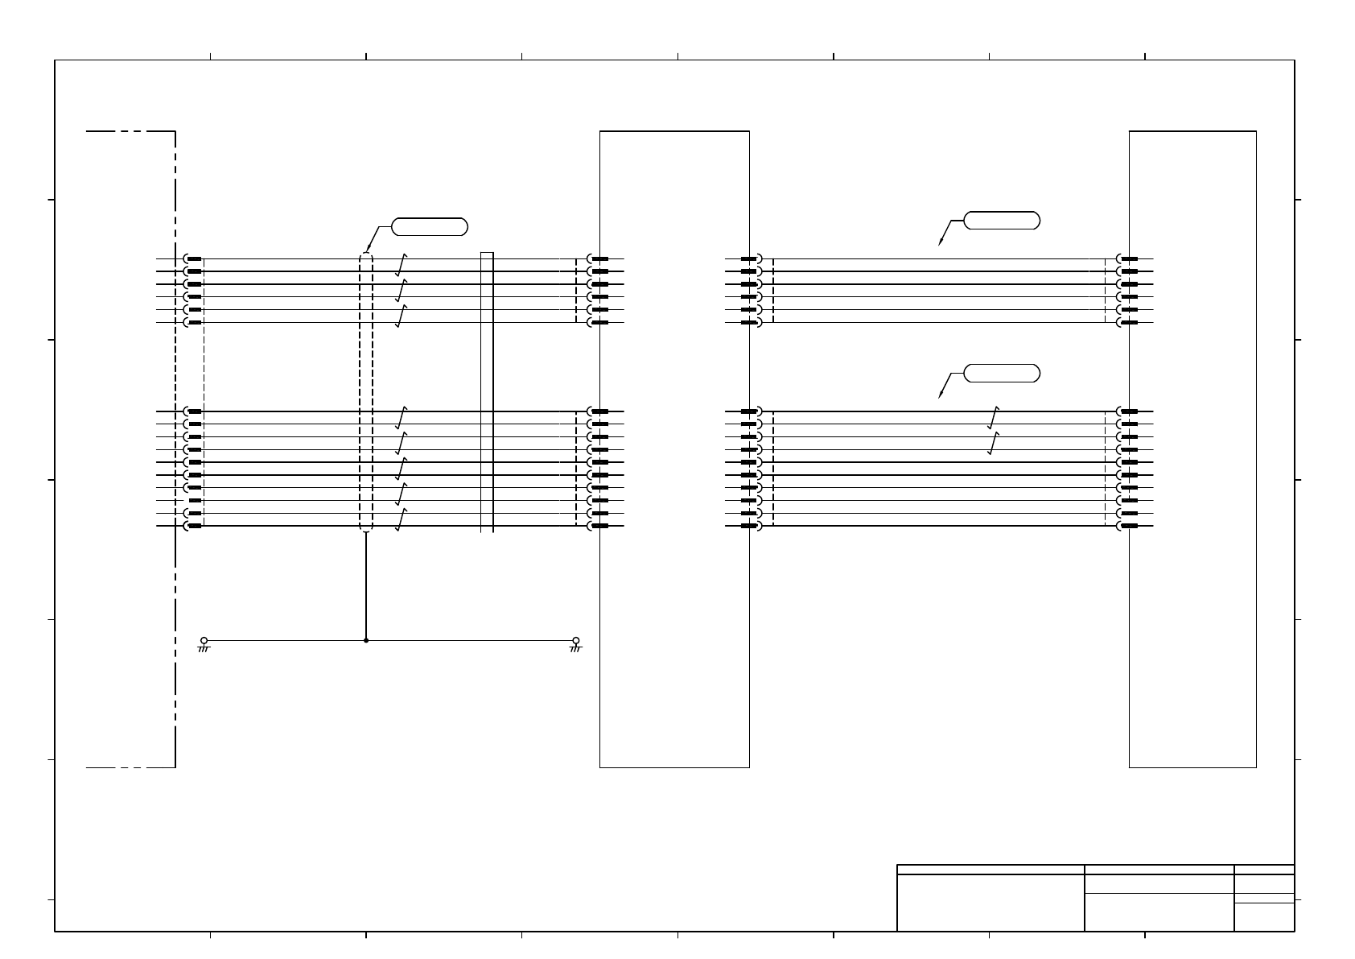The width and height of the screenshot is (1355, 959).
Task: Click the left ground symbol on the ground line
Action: pos(204,644)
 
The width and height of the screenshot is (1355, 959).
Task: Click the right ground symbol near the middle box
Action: pos(575,644)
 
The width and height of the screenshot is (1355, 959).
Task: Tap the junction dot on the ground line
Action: pos(366,640)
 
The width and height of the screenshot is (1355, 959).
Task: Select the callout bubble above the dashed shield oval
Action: pos(430,226)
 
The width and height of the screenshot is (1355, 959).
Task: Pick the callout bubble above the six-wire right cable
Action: pos(1002,220)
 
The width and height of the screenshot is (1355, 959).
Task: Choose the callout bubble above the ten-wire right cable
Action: pos(1002,373)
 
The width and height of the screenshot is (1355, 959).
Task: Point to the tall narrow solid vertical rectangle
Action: pos(487,392)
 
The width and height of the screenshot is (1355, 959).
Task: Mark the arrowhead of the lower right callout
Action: pos(940,395)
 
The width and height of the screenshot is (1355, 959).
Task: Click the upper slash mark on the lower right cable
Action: pos(994,417)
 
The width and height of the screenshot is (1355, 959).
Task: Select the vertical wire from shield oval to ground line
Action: pos(366,585)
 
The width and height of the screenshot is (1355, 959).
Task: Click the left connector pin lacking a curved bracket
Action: pos(195,500)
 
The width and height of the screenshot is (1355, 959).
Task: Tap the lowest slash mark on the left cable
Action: pos(401,519)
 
